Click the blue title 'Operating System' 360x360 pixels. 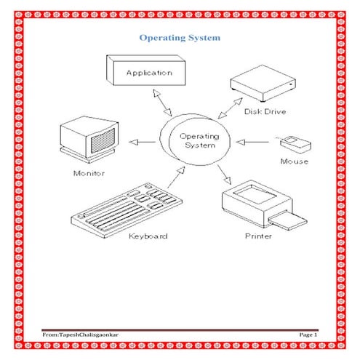click(180, 38)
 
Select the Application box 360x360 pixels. click(146, 71)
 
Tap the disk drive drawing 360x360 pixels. click(263, 83)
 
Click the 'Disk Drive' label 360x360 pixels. click(265, 111)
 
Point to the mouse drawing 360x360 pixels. click(295, 145)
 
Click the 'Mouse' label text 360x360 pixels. click(295, 161)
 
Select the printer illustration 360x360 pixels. click(264, 205)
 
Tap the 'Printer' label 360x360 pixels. click(258, 236)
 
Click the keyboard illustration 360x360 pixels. click(127, 210)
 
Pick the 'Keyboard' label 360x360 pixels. click(148, 236)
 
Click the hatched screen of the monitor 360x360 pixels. click(103, 141)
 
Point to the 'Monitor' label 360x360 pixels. click(89, 173)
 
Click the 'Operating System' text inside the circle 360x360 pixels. click(199, 140)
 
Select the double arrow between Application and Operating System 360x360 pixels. click(162, 103)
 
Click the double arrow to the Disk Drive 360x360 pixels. click(230, 108)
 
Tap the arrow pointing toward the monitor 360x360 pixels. click(143, 142)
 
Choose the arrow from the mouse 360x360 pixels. click(252, 142)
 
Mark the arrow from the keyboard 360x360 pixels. click(176, 177)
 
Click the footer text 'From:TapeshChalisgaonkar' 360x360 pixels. click(80, 335)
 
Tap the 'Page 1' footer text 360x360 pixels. click(308, 335)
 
